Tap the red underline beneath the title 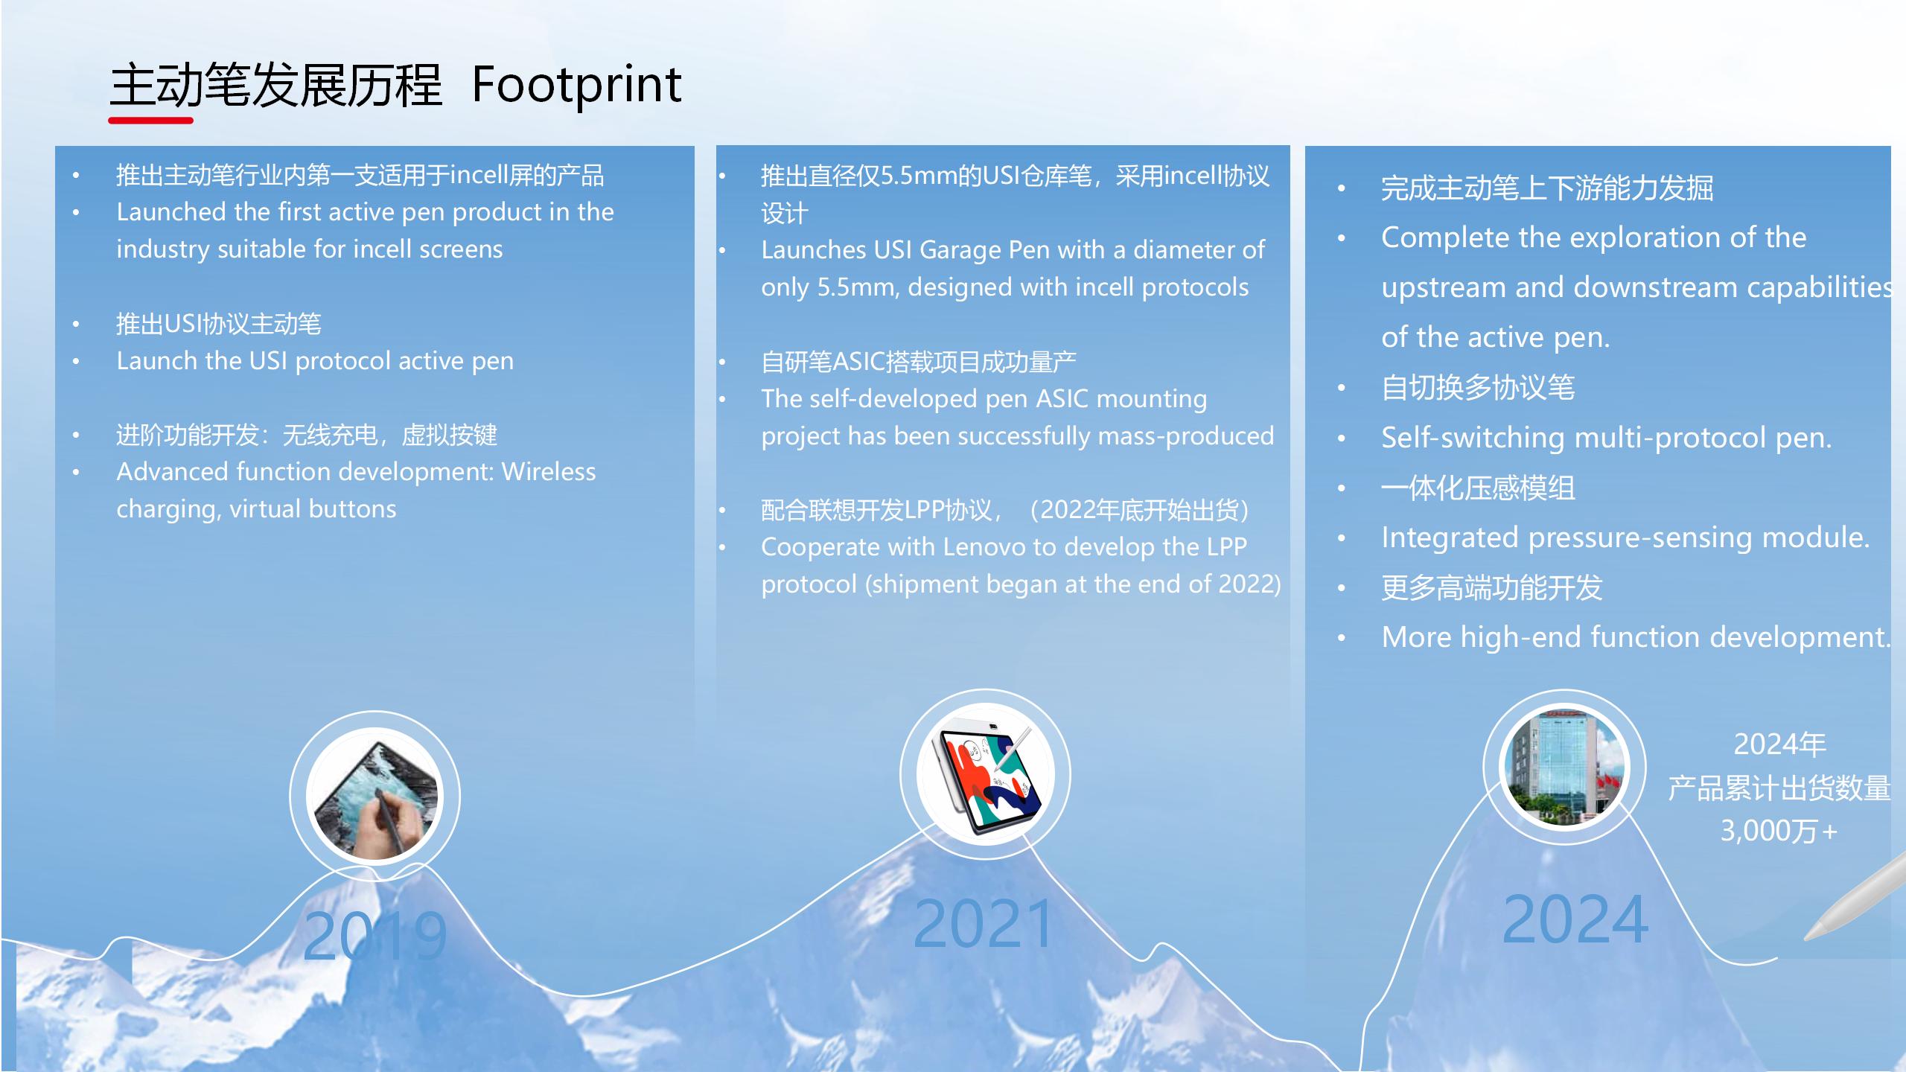point(151,120)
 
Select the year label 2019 point(374,936)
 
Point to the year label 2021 point(984,924)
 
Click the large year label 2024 point(1575,919)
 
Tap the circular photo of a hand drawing point(374,796)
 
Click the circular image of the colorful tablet point(985,774)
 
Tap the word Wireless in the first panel point(549,472)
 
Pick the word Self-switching point(1473,438)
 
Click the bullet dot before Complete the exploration point(1342,239)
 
